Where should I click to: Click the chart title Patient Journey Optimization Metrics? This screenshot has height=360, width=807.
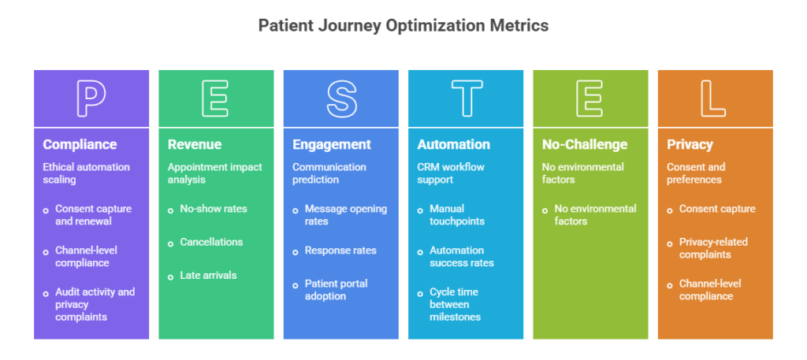[x=403, y=25]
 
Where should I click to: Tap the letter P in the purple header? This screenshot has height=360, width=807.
[x=91, y=98]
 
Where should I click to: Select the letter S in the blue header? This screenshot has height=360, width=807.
[x=340, y=98]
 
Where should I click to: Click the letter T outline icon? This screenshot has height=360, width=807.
[x=465, y=98]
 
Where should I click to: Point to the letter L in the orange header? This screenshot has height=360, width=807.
[x=715, y=98]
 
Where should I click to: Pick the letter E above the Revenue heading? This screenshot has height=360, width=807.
[x=216, y=98]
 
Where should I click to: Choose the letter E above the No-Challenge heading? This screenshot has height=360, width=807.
[x=590, y=98]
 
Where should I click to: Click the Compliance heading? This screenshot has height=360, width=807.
[x=80, y=145]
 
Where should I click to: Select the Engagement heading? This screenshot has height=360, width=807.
[x=331, y=145]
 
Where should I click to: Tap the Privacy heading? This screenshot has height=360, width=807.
[x=690, y=145]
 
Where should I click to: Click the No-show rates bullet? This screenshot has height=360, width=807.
[x=213, y=209]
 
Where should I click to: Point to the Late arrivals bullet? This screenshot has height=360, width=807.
[x=208, y=276]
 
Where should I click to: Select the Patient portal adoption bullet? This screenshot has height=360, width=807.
[x=336, y=290]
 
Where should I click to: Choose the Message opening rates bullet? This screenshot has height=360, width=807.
[x=345, y=215]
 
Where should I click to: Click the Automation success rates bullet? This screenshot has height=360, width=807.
[x=462, y=257]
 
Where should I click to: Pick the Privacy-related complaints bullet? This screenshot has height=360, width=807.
[x=712, y=248]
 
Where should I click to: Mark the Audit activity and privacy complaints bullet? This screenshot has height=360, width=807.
[x=95, y=304]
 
